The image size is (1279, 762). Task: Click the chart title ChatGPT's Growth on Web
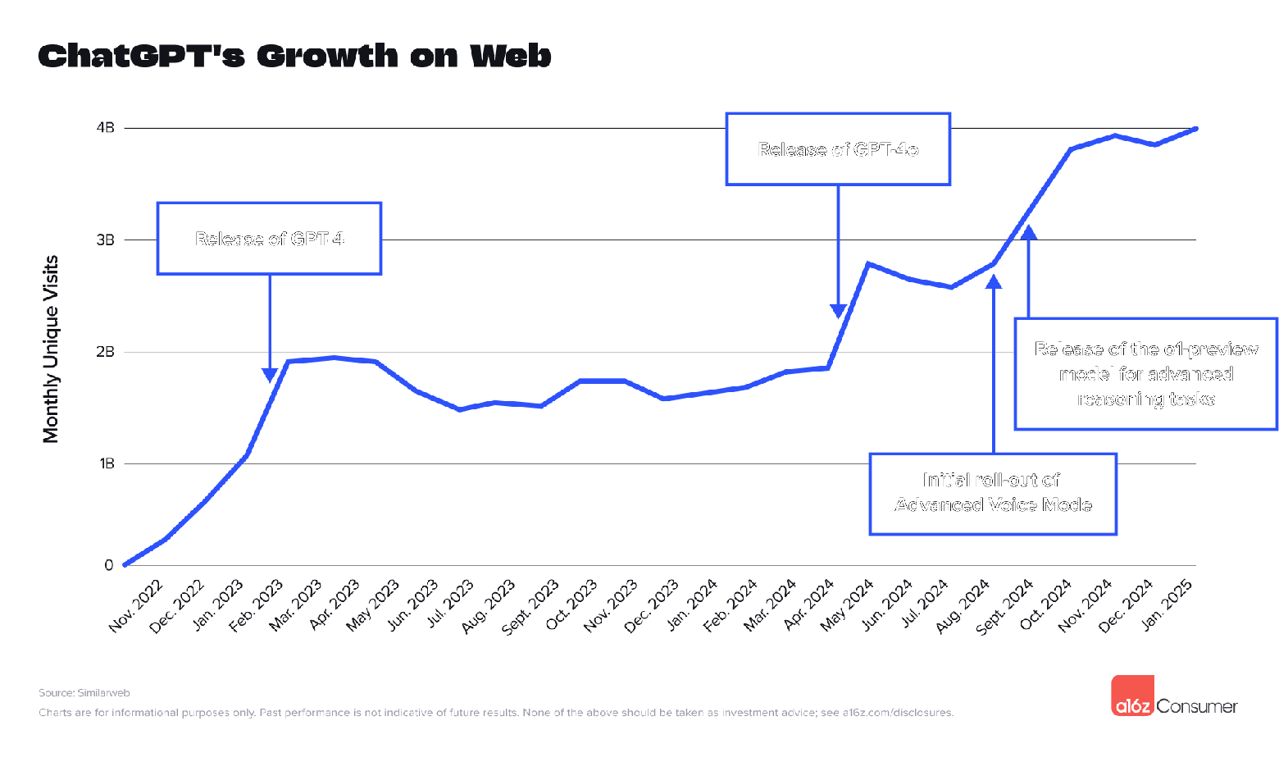pyautogui.click(x=294, y=56)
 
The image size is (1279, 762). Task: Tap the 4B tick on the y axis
pyautogui.click(x=106, y=128)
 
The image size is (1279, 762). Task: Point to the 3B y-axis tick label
pyautogui.click(x=106, y=240)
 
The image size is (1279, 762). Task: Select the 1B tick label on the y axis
pyautogui.click(x=107, y=463)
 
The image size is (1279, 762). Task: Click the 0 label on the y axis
pyautogui.click(x=109, y=565)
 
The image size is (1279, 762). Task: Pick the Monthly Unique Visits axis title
pyautogui.click(x=51, y=349)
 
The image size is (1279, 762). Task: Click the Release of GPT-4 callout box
pyautogui.click(x=269, y=239)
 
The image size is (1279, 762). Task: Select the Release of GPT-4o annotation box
pyautogui.click(x=838, y=149)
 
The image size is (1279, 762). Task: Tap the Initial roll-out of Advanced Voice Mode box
pyautogui.click(x=993, y=493)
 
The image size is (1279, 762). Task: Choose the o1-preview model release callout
pyautogui.click(x=1145, y=374)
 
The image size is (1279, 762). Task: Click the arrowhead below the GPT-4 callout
pyautogui.click(x=270, y=375)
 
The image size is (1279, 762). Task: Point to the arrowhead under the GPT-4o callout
pyautogui.click(x=838, y=311)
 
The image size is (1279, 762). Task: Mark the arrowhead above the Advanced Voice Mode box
pyautogui.click(x=994, y=282)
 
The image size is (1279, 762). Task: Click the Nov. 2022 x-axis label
pyautogui.click(x=136, y=605)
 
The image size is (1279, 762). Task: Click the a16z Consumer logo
pyautogui.click(x=1174, y=696)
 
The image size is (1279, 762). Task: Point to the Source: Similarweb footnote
pyautogui.click(x=84, y=693)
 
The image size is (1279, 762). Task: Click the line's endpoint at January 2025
pyautogui.click(x=1195, y=129)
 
